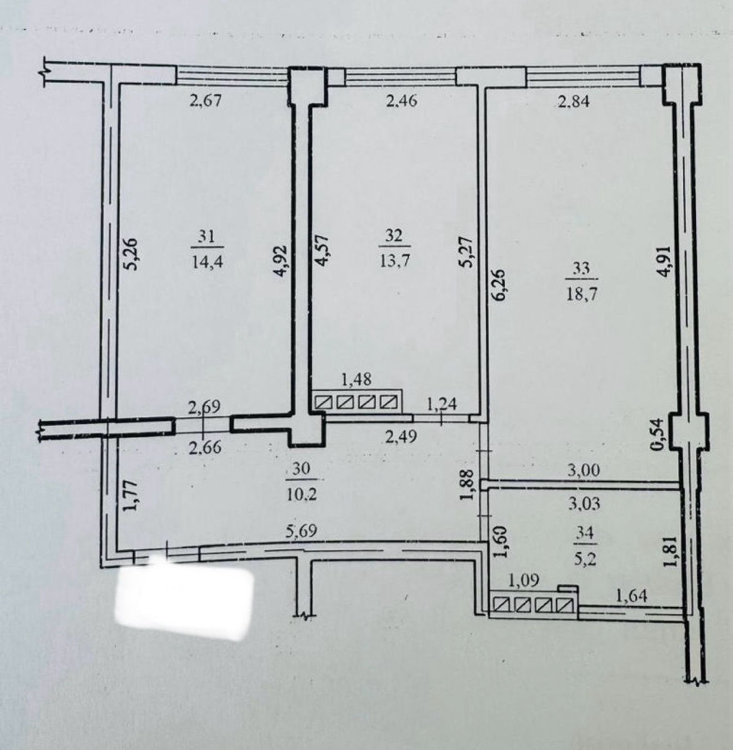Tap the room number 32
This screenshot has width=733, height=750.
[x=393, y=236]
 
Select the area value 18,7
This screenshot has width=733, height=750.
[x=582, y=295]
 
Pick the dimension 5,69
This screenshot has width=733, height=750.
[x=301, y=531]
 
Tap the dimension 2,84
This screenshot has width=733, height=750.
[x=574, y=102]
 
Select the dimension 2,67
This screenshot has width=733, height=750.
[x=206, y=101]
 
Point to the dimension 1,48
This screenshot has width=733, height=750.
[x=356, y=379]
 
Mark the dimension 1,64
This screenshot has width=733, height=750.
[x=632, y=597]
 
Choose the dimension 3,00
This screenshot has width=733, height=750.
[x=584, y=470]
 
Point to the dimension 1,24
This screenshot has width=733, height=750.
[x=442, y=404]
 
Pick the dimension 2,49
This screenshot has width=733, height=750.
[x=401, y=437]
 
